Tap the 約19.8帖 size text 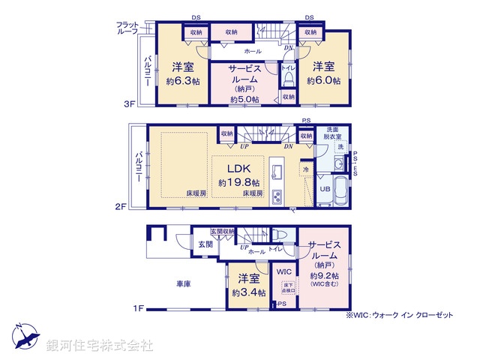(x=239, y=182)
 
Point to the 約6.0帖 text (x=324, y=80)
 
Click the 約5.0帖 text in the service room (x=244, y=99)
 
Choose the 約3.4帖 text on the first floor (x=247, y=292)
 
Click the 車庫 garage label (x=184, y=284)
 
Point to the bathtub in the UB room (x=340, y=190)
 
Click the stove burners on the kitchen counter (x=276, y=196)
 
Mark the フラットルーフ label (x=127, y=28)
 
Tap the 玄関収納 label (x=223, y=231)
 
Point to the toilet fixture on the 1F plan (x=279, y=233)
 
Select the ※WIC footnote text (x=400, y=316)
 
